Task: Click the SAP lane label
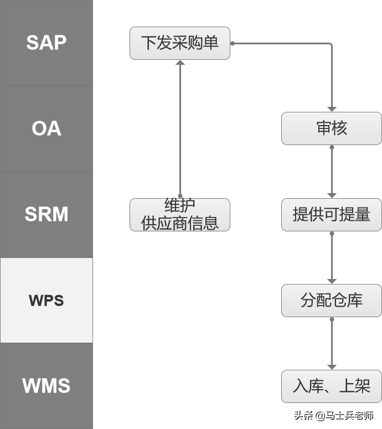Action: coord(46,43)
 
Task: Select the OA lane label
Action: coord(46,128)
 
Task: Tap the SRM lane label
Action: coord(46,214)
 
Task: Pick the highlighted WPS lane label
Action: coord(46,301)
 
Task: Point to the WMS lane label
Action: coord(46,386)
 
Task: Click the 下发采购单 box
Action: coord(180,43)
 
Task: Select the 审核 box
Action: coord(331,128)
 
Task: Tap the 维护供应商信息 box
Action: coord(180,215)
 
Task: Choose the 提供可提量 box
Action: coord(331,215)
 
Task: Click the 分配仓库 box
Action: coord(331,301)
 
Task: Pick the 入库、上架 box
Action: coord(331,386)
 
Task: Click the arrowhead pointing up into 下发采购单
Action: coord(180,63)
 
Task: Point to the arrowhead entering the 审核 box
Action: coord(332,108)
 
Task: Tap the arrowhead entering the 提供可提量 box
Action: coord(332,195)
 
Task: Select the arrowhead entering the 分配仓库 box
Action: coord(332,281)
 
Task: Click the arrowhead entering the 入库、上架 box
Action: coord(332,366)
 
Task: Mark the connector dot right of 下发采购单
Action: coord(233,43)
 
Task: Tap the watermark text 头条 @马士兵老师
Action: coord(333,415)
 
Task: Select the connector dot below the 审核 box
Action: coord(332,147)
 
